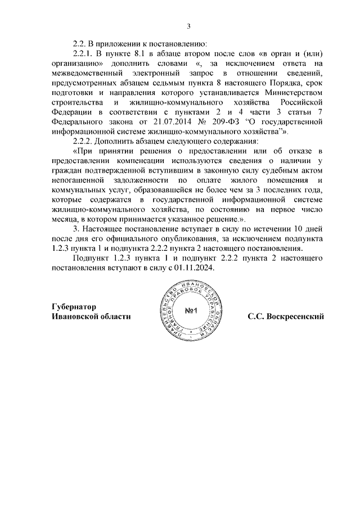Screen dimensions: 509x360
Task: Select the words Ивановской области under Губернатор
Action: click(x=91, y=317)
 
